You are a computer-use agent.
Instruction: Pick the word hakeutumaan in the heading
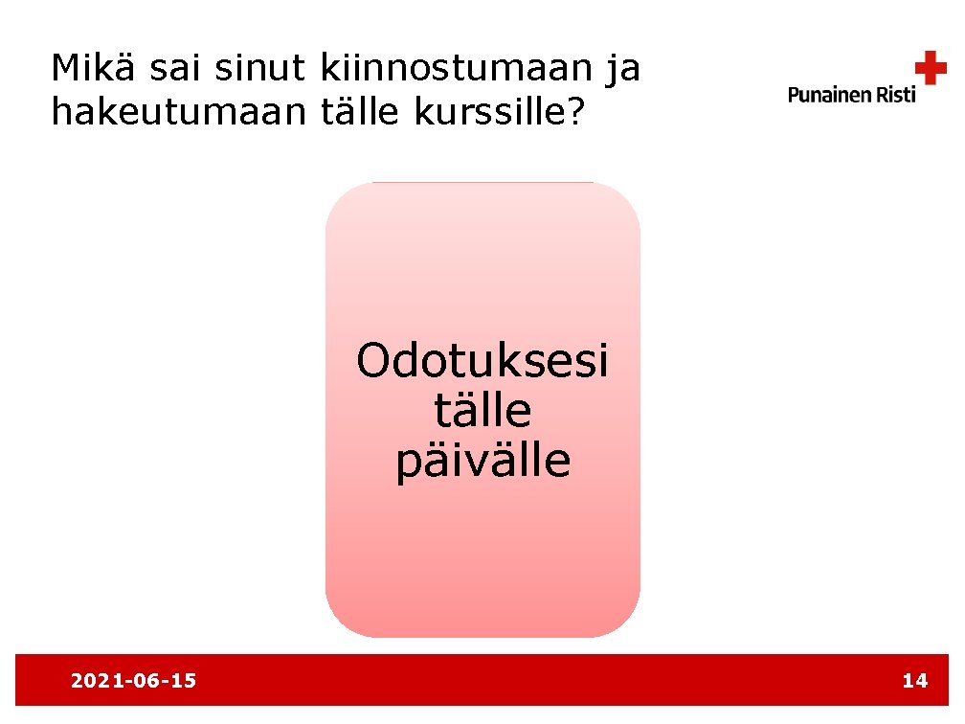tap(176, 113)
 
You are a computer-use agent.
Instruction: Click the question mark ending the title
tap(573, 113)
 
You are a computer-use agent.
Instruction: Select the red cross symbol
tap(931, 68)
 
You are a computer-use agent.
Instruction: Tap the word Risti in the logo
tap(897, 94)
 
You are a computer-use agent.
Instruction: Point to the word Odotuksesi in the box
tap(482, 362)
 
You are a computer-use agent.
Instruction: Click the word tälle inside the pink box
tap(482, 411)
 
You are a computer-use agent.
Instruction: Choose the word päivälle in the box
tap(482, 461)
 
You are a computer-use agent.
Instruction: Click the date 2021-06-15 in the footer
tap(134, 681)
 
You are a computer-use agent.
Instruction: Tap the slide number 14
tap(914, 681)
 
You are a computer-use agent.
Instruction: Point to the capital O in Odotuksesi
tap(373, 362)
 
